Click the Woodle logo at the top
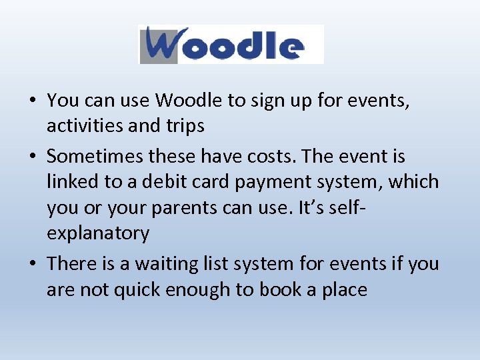(231, 45)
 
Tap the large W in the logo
(161, 45)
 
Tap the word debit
(159, 181)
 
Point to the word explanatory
(98, 233)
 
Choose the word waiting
(164, 263)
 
